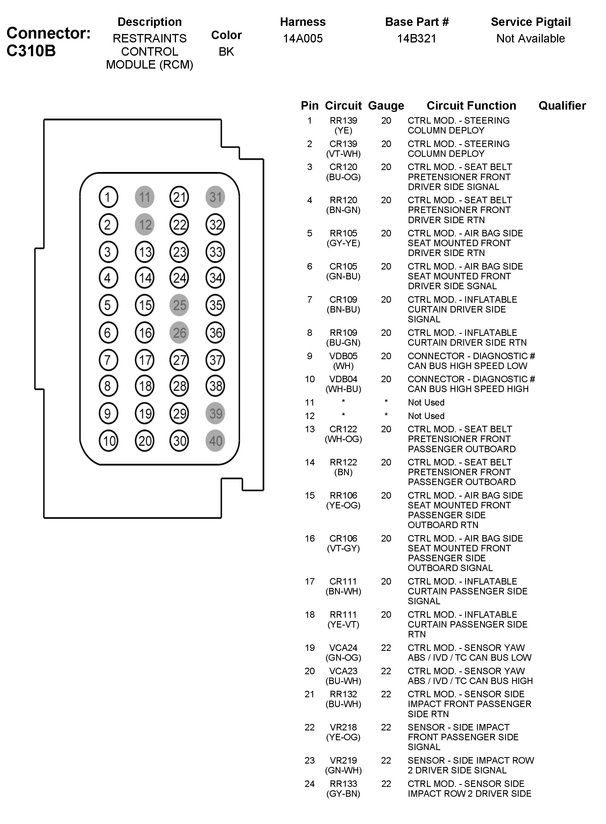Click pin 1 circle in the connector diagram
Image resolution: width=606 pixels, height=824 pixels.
click(108, 197)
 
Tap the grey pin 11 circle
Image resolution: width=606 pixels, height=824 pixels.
click(144, 197)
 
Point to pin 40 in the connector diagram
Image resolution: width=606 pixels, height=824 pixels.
click(215, 441)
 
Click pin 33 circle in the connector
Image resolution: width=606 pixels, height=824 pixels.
click(215, 252)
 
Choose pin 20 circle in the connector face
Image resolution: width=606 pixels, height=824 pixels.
click(144, 441)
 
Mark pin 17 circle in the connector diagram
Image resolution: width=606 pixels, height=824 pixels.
click(144, 360)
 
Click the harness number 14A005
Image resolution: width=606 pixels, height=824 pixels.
click(303, 39)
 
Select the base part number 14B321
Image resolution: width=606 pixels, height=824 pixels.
click(417, 39)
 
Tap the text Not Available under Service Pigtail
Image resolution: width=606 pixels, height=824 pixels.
click(530, 39)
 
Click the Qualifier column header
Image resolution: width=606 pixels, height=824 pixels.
click(562, 106)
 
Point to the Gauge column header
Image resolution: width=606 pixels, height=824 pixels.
click(386, 106)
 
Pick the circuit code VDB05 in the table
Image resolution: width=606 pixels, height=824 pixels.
click(343, 356)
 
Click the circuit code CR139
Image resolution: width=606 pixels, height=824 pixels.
click(343, 144)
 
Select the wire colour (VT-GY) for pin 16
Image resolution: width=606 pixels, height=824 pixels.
click(343, 548)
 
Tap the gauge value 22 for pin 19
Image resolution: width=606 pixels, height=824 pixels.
click(386, 648)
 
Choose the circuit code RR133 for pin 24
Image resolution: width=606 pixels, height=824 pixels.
click(343, 784)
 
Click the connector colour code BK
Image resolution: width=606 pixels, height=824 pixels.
click(226, 52)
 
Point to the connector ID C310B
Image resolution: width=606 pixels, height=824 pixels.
click(31, 51)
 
